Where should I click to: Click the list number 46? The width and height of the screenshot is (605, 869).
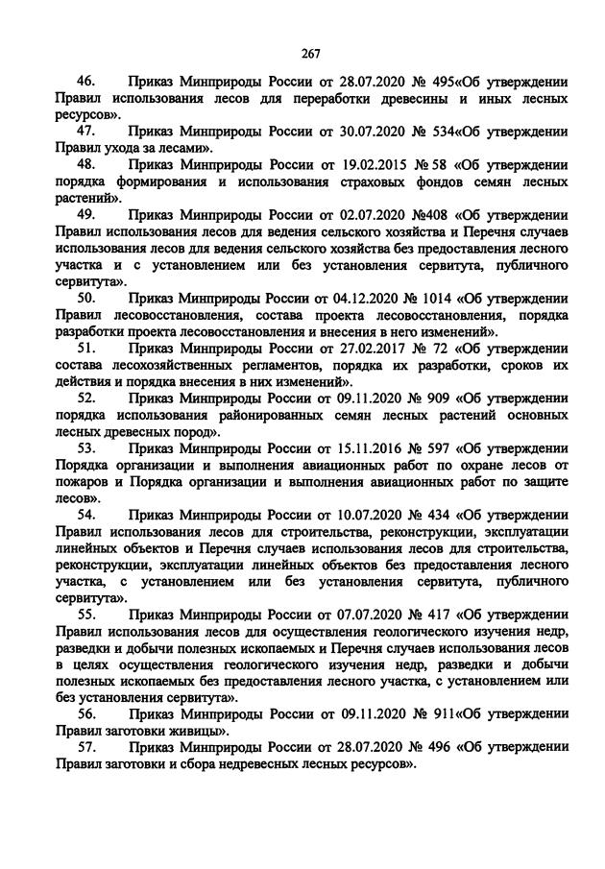(x=86, y=83)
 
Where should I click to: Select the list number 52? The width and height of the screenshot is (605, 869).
(x=86, y=398)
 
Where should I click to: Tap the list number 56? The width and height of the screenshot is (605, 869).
(x=86, y=714)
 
